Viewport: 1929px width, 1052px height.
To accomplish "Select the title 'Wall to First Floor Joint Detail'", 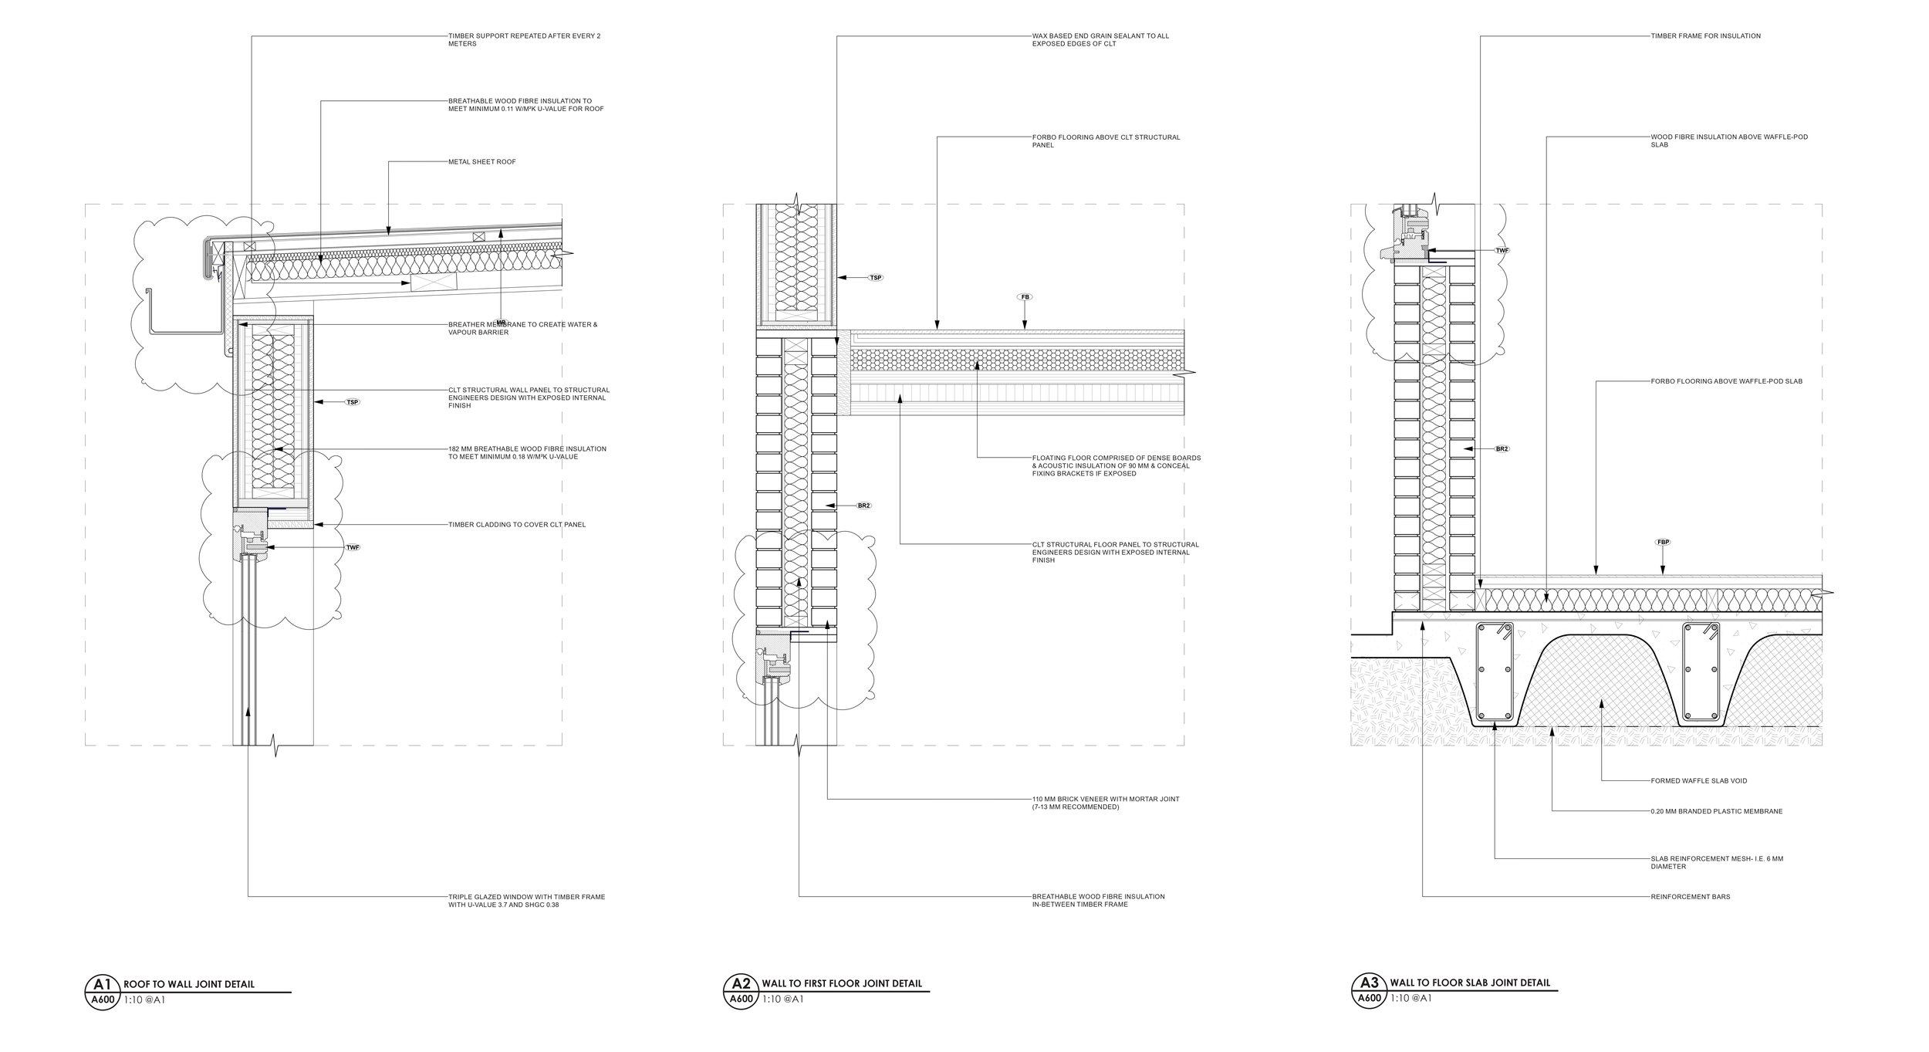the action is pyautogui.click(x=841, y=1006).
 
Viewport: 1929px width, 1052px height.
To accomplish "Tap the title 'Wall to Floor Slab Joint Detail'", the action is pyautogui.click(x=1468, y=1005).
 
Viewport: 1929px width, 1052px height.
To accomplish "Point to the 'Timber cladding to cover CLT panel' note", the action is pyautogui.click(x=517, y=525).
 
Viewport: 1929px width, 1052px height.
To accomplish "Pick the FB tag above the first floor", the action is pyautogui.click(x=1025, y=297).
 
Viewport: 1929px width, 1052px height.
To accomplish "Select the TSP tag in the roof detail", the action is pyautogui.click(x=353, y=402).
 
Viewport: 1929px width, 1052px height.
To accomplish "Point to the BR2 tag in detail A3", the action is pyautogui.click(x=1502, y=448).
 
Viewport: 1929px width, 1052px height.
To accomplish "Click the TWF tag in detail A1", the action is pyautogui.click(x=353, y=547).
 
